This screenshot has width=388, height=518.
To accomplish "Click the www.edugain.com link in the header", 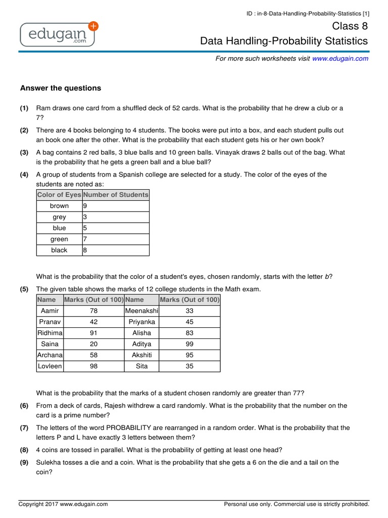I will (340, 59).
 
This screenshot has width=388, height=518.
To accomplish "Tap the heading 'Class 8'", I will (350, 26).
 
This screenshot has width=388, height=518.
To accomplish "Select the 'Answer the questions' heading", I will (61, 88).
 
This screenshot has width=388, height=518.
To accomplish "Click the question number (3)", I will (24, 152).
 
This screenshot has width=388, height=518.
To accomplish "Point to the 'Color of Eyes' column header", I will (59, 195).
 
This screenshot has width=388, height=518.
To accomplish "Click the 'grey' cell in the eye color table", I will (59, 217).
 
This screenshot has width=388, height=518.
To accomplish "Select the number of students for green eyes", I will (85, 239).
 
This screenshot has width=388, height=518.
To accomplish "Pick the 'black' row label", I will (59, 250).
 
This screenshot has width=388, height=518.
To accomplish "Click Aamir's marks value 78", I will (93, 311).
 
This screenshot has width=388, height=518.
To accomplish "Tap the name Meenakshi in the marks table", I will (142, 311).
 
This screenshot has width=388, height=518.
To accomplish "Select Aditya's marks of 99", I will (189, 344).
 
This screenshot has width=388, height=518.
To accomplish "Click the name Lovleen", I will (50, 366).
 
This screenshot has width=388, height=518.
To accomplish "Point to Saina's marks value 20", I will (93, 344).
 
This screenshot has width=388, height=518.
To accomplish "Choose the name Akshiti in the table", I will (142, 355).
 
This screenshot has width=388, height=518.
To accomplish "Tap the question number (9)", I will (24, 462).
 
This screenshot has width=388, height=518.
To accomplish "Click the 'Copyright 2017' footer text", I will (63, 504).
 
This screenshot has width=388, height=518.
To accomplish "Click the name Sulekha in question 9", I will (48, 462).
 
